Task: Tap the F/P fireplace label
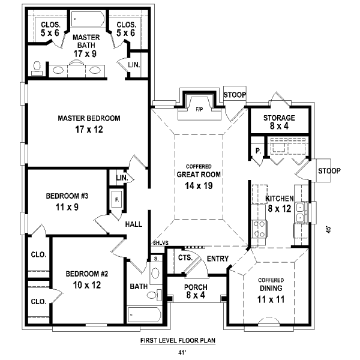[199, 110]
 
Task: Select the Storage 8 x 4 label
[279, 122]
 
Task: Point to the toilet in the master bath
[37, 68]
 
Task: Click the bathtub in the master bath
[88, 19]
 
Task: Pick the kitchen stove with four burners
[259, 229]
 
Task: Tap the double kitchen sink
[301, 212]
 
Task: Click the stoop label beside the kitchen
[329, 170]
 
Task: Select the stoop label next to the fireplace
[235, 95]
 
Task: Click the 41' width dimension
[182, 352]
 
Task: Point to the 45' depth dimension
[329, 230]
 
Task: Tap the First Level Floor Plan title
[178, 340]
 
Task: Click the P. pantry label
[258, 151]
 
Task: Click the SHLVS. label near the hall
[161, 242]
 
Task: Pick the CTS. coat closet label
[185, 257]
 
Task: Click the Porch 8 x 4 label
[196, 291]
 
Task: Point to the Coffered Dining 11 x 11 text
[271, 290]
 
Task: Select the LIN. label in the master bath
[134, 65]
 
